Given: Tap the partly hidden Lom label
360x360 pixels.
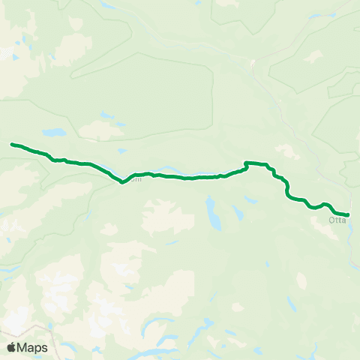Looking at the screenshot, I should click(136, 178).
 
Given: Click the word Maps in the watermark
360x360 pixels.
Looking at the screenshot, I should click(33, 347).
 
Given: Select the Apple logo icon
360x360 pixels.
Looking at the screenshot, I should click(11, 347).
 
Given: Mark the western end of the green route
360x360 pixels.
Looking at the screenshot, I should click(12, 144).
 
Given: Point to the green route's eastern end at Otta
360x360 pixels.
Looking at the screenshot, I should click(348, 214).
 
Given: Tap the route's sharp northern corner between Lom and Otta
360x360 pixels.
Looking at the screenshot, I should click(245, 163).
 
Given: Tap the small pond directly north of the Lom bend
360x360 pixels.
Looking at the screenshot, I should click(119, 123).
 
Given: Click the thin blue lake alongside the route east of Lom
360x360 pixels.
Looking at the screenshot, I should click(180, 174).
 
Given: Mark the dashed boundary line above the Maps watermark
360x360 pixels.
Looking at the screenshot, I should click(30, 328).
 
